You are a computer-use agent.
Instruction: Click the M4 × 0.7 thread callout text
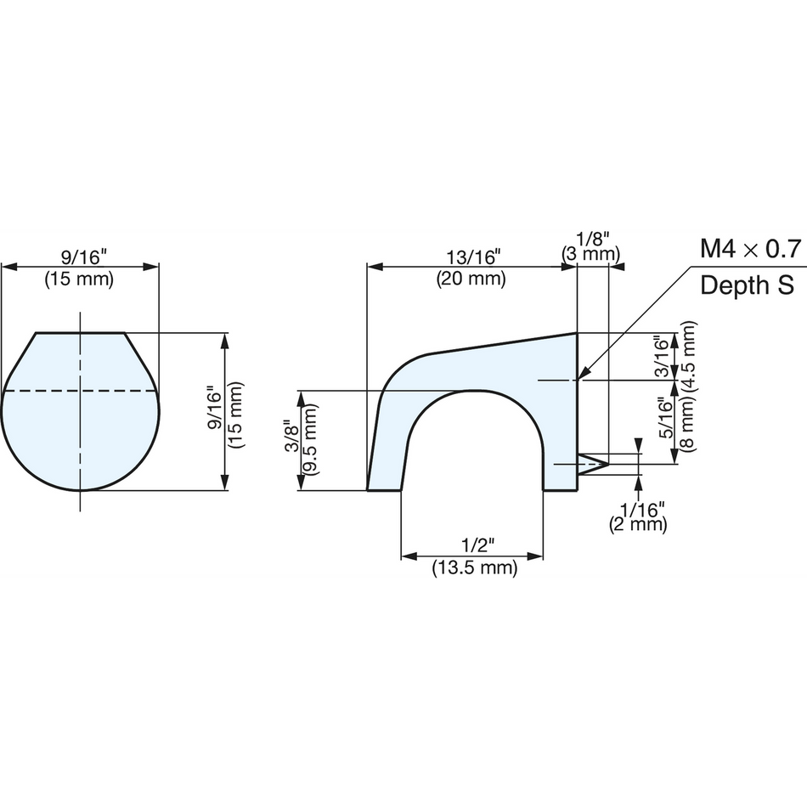pyautogui.click(x=750, y=249)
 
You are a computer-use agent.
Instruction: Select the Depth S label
pyautogui.click(x=747, y=285)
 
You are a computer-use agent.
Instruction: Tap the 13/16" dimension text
pyautogui.click(x=472, y=257)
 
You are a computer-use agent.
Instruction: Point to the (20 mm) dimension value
pyautogui.click(x=471, y=279)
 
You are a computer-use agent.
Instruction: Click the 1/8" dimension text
pyautogui.click(x=593, y=240)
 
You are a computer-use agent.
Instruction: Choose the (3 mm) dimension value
pyautogui.click(x=590, y=254)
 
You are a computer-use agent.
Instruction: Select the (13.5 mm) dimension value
pyautogui.click(x=475, y=567)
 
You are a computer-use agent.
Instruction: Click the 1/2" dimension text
pyautogui.click(x=477, y=545)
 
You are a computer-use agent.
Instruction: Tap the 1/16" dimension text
pyautogui.click(x=642, y=511)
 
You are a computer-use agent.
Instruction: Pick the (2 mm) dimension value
pyautogui.click(x=638, y=524)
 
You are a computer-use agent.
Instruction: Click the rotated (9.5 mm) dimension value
pyautogui.click(x=310, y=438)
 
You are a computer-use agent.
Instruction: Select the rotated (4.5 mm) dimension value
pyautogui.click(x=689, y=356)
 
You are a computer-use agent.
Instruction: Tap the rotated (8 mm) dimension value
pyautogui.click(x=688, y=421)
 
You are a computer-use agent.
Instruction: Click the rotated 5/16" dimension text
pyautogui.click(x=666, y=417)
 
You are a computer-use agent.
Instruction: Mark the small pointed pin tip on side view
pyautogui.click(x=608, y=464)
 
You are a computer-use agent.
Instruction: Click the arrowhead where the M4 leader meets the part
pyautogui.click(x=583, y=375)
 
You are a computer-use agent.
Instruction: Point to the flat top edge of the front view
pyautogui.click(x=81, y=333)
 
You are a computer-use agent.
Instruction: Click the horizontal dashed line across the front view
pyautogui.click(x=80, y=391)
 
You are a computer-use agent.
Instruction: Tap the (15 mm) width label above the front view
pyautogui.click(x=79, y=279)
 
